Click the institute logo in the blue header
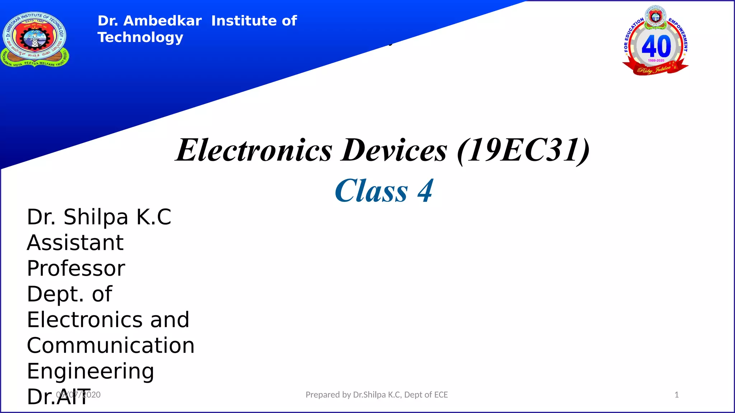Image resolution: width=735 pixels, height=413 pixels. click(35, 39)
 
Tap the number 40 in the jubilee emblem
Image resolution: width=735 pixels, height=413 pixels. click(656, 46)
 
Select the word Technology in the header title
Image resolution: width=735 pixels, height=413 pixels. click(140, 37)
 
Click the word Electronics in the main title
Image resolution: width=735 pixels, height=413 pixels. click(254, 150)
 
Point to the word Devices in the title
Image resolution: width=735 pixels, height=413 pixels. click(394, 150)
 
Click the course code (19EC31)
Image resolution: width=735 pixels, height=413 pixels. click(523, 150)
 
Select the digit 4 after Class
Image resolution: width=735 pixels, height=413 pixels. click(425, 191)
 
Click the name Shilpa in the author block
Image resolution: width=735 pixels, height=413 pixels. click(96, 217)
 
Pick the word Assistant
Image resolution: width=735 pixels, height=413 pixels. click(75, 243)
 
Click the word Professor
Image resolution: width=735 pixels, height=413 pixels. click(76, 269)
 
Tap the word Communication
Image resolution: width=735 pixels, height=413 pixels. click(111, 346)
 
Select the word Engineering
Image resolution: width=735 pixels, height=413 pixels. click(90, 371)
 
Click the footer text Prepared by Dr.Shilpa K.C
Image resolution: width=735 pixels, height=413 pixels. click(376, 395)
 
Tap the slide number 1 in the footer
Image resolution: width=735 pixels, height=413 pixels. click(677, 395)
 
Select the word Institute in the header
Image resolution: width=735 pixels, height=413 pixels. click(246, 21)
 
